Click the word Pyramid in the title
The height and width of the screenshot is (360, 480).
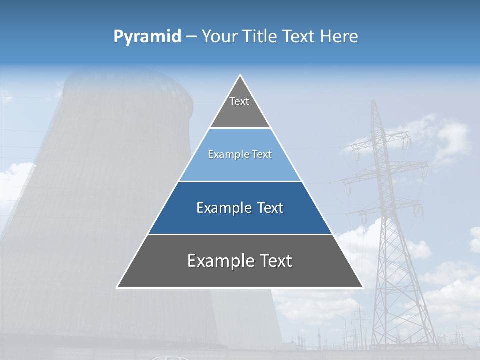[x=147, y=37]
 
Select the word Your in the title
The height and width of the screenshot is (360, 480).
[x=219, y=37]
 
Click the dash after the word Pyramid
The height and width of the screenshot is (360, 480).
[x=191, y=37]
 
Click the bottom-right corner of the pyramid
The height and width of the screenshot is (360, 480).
[x=362, y=287]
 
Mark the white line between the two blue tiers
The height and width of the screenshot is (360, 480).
[x=240, y=181]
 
